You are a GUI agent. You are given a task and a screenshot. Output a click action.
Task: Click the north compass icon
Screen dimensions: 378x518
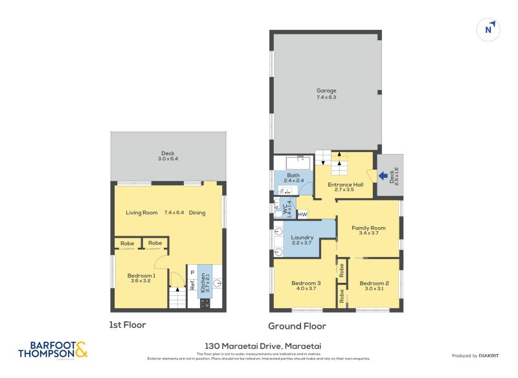point(490,29)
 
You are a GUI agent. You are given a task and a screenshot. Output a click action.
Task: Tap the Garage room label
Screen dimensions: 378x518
point(326,91)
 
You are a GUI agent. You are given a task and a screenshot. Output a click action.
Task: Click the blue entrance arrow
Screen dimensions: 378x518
point(383,175)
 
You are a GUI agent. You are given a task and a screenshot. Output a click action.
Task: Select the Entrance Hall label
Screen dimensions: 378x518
point(345,184)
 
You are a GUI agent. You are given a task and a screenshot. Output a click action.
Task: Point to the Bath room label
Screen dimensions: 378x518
point(293,175)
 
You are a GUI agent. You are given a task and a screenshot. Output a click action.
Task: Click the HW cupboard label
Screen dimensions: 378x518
point(302,214)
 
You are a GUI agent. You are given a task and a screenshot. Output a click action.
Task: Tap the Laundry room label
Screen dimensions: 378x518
point(302,238)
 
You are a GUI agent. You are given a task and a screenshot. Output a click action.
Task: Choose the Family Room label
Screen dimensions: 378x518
point(368,228)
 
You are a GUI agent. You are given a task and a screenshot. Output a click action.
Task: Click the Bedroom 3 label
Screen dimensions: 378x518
point(306,283)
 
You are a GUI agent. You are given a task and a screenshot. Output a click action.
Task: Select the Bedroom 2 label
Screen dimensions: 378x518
point(374,283)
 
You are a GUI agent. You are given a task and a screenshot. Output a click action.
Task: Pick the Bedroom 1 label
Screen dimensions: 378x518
point(141,276)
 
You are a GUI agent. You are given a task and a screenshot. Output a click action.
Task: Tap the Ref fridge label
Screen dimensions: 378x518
point(192,285)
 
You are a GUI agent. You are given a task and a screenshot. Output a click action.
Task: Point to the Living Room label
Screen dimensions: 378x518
point(141,212)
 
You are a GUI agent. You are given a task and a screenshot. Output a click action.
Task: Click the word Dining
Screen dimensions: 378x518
point(197,212)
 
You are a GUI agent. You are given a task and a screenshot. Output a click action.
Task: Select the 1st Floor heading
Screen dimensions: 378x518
point(128,325)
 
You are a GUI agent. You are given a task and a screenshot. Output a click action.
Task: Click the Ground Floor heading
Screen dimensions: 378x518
point(297,326)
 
